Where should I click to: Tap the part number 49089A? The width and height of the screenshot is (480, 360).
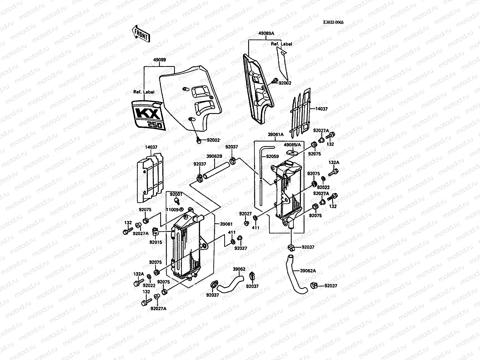[x=266, y=34]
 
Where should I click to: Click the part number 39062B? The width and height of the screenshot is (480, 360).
[x=214, y=156]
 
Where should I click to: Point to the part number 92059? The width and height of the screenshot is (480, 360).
[x=272, y=157]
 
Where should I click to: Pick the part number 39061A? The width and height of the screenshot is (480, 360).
[x=276, y=135]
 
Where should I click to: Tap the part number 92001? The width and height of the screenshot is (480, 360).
[x=176, y=194]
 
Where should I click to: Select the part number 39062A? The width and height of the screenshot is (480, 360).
[x=308, y=271]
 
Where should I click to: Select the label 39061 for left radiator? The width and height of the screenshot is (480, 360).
[x=226, y=224]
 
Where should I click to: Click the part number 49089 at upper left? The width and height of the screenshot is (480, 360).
[x=159, y=60]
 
